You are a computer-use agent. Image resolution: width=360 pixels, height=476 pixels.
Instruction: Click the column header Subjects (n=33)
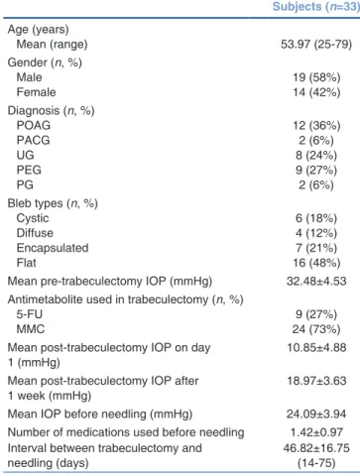[x=316, y=7]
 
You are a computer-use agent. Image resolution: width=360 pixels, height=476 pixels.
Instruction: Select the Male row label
[x=30, y=77]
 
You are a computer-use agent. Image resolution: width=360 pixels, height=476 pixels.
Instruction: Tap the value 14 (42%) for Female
[x=316, y=92]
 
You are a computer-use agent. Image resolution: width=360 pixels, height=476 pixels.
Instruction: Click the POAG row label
[x=34, y=125]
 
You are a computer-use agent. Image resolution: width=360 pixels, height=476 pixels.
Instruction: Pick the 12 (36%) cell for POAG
[x=316, y=126]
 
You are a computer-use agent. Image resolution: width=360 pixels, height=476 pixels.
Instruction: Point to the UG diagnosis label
[x=25, y=155]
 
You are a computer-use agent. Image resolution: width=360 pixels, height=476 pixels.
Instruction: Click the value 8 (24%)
[x=316, y=156]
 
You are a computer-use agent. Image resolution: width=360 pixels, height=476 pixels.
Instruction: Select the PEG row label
[x=29, y=170]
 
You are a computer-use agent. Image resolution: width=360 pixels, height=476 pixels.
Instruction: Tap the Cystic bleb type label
[x=33, y=218]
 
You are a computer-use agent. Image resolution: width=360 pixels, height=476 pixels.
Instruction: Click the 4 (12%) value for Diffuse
[x=316, y=233]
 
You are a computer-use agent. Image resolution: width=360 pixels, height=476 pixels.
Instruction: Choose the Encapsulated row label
[x=53, y=248]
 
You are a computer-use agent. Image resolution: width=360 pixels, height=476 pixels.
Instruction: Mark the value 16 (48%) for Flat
[x=316, y=263]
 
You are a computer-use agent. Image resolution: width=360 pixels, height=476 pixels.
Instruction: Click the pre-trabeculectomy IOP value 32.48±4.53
[x=316, y=282]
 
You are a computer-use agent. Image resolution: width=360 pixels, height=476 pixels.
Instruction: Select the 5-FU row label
[x=30, y=314]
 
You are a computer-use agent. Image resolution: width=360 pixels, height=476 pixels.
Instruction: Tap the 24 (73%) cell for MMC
[x=316, y=329]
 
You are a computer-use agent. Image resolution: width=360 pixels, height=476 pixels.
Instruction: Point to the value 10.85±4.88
[x=316, y=348]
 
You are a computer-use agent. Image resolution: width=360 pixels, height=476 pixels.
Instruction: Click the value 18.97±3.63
[x=316, y=381]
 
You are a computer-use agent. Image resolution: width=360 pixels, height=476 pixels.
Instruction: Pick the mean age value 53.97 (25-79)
[x=316, y=45]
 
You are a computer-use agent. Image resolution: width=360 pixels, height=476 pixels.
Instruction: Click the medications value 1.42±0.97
[x=316, y=432]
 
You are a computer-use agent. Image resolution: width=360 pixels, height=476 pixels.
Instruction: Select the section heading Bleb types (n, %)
[x=53, y=203]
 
